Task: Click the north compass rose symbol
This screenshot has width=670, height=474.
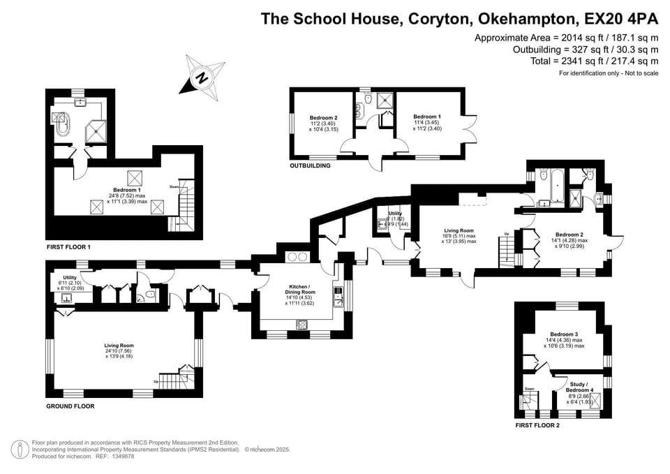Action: click(202, 75)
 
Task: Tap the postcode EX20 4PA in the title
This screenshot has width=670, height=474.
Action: click(620, 18)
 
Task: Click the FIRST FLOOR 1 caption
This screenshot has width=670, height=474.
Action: click(68, 246)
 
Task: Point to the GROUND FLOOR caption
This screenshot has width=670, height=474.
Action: click(70, 406)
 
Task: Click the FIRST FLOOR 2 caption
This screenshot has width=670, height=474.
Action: click(537, 424)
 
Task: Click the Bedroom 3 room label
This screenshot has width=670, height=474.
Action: click(564, 334)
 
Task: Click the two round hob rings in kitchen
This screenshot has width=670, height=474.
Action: click(297, 256)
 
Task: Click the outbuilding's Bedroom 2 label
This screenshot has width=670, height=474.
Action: click(324, 118)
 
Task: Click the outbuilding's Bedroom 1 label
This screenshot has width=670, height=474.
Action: click(427, 117)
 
